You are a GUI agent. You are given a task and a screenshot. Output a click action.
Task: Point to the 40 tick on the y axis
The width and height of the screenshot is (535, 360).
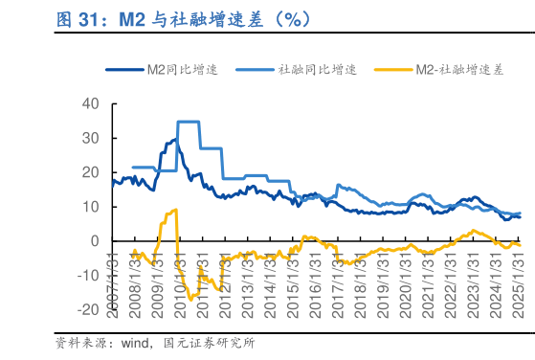(92, 103)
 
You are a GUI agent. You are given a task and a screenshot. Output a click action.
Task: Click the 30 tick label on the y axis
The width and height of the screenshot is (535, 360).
(92, 138)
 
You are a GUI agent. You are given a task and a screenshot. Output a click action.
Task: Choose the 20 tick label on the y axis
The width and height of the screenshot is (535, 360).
(92, 172)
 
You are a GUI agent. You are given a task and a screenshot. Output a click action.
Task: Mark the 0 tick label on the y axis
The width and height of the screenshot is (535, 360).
(96, 241)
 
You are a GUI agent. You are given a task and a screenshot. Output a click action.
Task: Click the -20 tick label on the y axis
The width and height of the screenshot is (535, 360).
(88, 310)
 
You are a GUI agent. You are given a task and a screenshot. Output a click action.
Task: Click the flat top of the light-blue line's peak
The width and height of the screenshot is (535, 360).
(189, 122)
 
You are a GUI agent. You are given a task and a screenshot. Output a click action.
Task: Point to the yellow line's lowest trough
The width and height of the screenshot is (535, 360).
(190, 300)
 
